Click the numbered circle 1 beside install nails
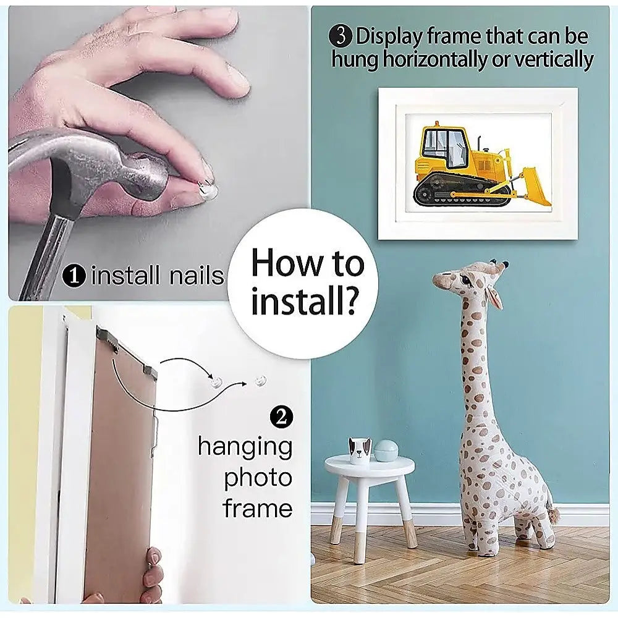tap(74, 275)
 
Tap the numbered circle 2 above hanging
tap(281, 417)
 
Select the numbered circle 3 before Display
tap(341, 36)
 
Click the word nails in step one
tap(197, 275)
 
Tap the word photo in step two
tap(258, 478)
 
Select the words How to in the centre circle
tap(307, 263)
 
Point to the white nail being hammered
tap(208, 190)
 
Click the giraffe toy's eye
tap(466, 280)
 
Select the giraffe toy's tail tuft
tap(554, 515)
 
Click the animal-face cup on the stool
tap(360, 450)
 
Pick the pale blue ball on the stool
tap(386, 451)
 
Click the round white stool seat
tap(370, 466)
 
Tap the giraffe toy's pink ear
tap(494, 297)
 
